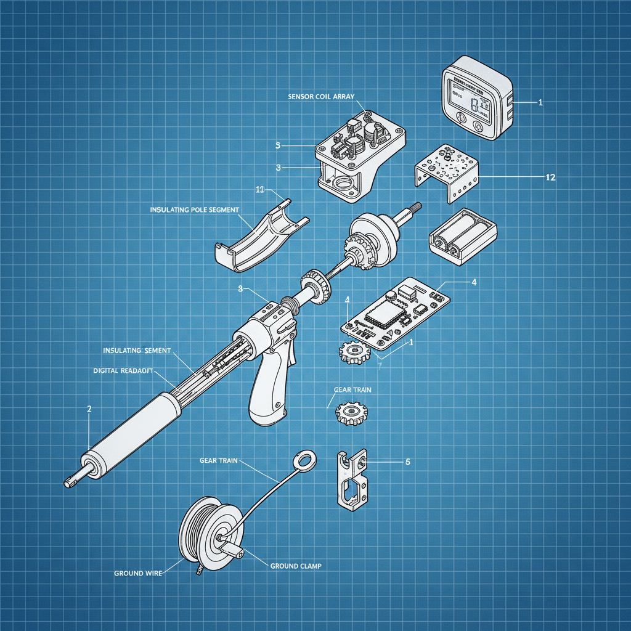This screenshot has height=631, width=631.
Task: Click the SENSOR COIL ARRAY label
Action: pyautogui.click(x=325, y=97)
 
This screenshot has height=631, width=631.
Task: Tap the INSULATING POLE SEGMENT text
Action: pyautogui.click(x=194, y=210)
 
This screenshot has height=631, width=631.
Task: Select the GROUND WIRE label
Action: pyautogui.click(x=138, y=573)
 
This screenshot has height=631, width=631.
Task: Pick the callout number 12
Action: pyautogui.click(x=551, y=177)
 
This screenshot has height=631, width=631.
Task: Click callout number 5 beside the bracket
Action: pyautogui.click(x=407, y=461)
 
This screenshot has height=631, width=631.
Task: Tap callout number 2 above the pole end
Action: pyautogui.click(x=90, y=409)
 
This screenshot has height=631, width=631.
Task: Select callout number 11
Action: pyautogui.click(x=260, y=189)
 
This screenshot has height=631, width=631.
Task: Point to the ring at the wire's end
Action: pyautogui.click(x=304, y=460)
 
